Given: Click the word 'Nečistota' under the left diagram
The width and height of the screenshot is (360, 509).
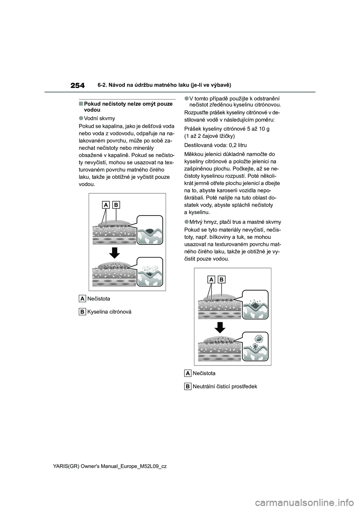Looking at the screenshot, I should [99, 299].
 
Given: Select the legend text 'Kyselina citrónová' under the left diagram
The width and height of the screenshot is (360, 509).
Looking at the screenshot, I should [109, 312].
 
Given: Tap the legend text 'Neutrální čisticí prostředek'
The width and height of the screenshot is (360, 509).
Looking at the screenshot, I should [225, 386].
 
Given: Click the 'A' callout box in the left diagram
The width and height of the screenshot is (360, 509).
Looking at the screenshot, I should [106, 205].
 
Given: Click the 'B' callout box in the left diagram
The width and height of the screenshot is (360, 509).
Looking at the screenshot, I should [116, 205].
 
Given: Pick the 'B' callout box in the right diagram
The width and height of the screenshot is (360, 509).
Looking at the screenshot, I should [222, 280].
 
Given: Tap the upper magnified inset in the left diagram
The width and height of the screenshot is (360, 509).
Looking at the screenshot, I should [150, 231].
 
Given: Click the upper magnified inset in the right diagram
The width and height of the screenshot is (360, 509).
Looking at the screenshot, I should [255, 305].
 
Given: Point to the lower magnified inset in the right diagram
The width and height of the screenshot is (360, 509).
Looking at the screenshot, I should [255, 347].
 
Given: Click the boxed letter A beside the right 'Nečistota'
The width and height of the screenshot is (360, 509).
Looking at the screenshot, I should [187, 373].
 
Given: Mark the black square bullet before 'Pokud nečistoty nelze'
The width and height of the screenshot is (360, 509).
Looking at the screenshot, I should [81, 103].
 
